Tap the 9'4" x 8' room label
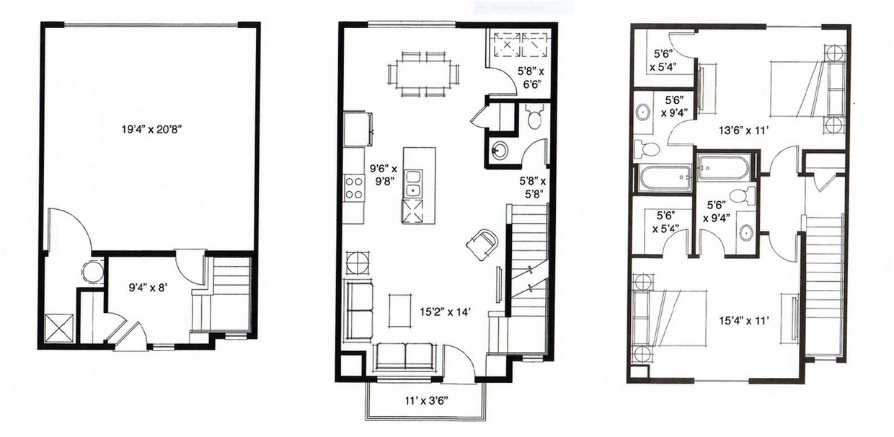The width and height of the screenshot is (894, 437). [x=147, y=288]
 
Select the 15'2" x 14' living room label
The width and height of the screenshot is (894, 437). [x=446, y=312]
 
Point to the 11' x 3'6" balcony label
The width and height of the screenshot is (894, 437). [x=426, y=401]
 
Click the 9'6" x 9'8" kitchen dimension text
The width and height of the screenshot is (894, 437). [x=383, y=175]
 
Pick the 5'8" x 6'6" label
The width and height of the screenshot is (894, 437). [x=531, y=78]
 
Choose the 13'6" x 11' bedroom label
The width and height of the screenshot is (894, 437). [x=744, y=131]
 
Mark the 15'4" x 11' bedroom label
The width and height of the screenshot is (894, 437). [x=744, y=320]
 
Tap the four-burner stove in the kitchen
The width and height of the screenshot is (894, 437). [x=354, y=188]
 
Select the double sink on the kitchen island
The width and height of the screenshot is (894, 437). [x=412, y=184]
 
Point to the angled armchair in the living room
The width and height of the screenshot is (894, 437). [x=482, y=244]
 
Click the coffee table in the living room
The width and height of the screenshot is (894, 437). [x=400, y=311]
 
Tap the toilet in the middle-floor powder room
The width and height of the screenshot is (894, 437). [x=534, y=116]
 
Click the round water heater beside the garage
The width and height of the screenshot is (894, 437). [x=93, y=272]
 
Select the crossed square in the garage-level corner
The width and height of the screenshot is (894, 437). [x=59, y=327]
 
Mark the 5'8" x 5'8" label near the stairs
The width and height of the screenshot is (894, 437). [x=533, y=187]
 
